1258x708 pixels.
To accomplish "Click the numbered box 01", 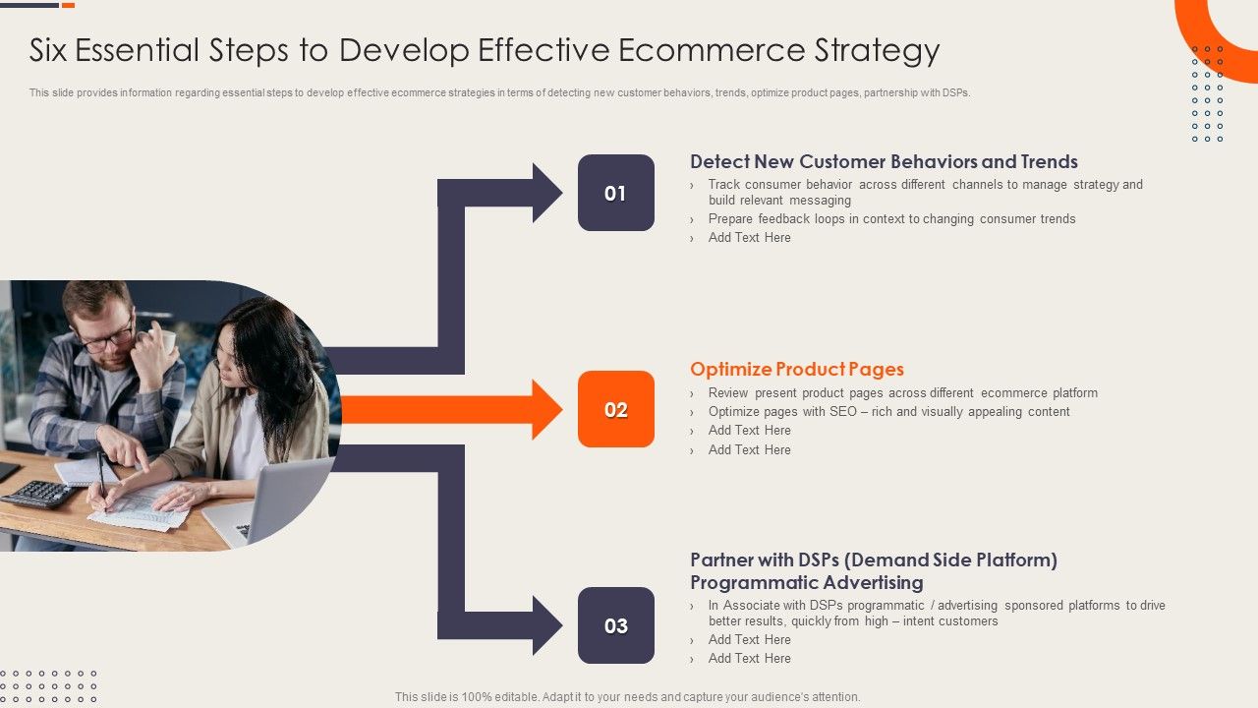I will [x=615, y=193].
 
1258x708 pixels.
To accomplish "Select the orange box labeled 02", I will [x=615, y=409].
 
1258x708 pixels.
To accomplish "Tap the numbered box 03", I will [x=615, y=625].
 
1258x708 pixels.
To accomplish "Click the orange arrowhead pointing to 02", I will [x=546, y=409].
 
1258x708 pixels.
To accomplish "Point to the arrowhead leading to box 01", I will [x=546, y=193].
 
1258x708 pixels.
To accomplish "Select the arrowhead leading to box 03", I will [x=546, y=625].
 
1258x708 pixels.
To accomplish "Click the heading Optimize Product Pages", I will [x=796, y=370].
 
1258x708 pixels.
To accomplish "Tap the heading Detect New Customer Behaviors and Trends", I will [x=884, y=162].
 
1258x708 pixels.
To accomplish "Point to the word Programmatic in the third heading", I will [x=756, y=583].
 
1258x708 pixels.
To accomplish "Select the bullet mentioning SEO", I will [x=888, y=412].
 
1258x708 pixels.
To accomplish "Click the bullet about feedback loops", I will [x=891, y=219].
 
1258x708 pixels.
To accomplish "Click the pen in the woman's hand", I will [x=100, y=472].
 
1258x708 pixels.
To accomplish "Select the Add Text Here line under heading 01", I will [x=749, y=238].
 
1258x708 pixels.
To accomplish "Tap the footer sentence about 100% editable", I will [x=627, y=696].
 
